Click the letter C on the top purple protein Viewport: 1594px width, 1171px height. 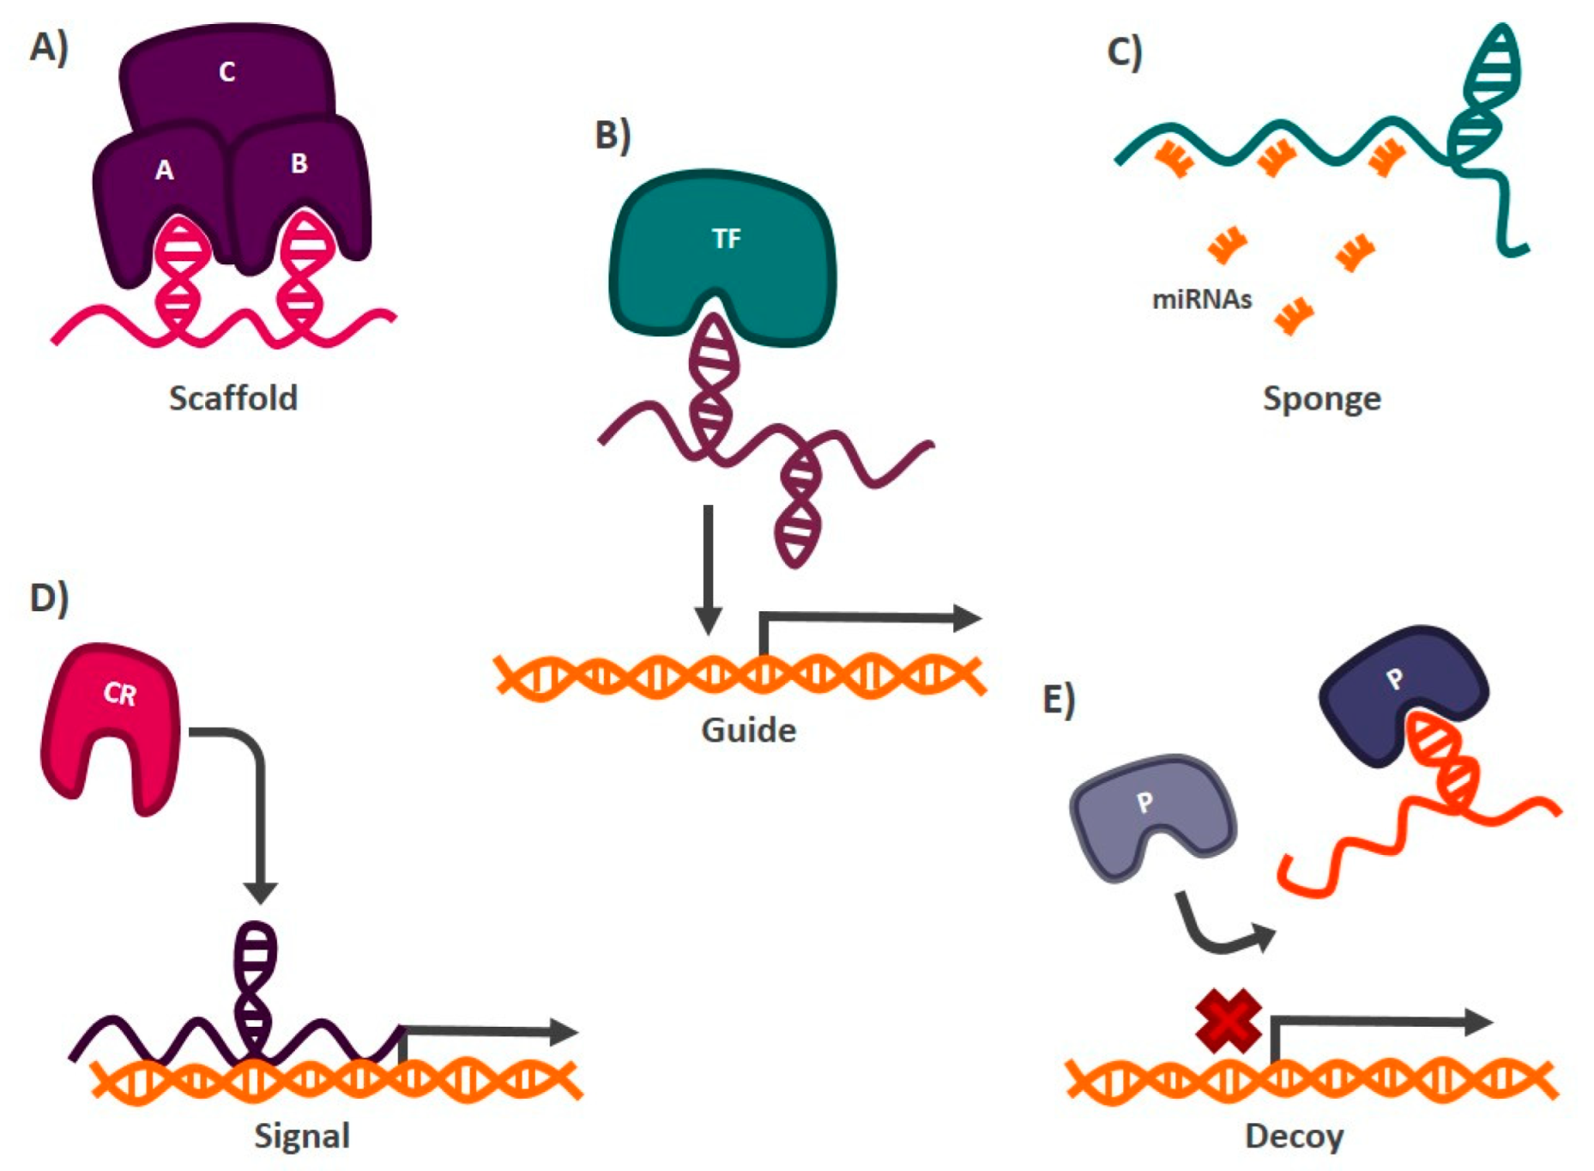point(226,71)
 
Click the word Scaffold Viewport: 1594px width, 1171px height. point(232,398)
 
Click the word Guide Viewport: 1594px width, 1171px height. point(748,731)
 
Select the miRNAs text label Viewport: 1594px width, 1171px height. point(1201,300)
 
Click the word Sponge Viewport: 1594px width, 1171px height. point(1321,398)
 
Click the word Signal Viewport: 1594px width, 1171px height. point(302,1136)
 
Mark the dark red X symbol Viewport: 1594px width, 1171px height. point(1229,1021)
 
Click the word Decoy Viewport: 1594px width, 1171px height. point(1294,1136)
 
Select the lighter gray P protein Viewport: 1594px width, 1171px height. point(1150,811)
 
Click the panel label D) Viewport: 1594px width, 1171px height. point(49,598)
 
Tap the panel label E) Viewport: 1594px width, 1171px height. point(1059,699)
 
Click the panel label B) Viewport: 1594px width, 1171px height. point(613,135)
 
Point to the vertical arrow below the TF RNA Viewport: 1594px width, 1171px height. point(708,567)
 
